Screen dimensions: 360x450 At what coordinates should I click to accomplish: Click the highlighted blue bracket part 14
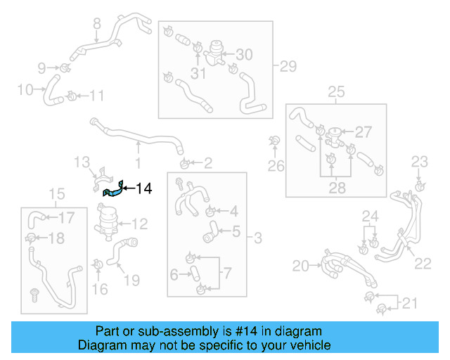113,189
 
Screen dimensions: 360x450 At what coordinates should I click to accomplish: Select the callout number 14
143,188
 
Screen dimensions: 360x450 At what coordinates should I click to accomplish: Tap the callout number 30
243,55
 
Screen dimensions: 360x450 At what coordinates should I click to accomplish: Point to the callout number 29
288,67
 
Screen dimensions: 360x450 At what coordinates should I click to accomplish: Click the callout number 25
336,92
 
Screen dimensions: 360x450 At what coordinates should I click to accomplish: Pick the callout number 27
363,131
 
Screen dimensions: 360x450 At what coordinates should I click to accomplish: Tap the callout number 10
25,89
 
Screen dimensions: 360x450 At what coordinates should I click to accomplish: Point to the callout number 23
419,162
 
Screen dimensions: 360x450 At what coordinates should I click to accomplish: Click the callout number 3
257,239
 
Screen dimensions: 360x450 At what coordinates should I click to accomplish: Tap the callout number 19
131,281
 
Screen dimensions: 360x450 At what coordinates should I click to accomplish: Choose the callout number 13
83,162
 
